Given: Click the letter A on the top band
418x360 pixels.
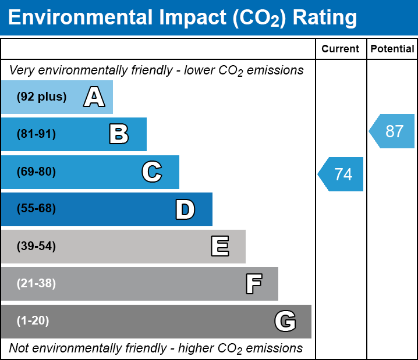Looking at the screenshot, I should tap(94, 97).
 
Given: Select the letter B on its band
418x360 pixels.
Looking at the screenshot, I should tap(119, 134).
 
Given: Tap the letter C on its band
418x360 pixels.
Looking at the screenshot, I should tap(152, 172).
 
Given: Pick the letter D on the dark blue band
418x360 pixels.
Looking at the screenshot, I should tap(185, 209).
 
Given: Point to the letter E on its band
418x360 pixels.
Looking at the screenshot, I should tap(219, 247).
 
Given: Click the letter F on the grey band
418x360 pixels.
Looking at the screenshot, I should tap(253, 284).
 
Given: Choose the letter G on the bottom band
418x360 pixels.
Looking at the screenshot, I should tap(285, 321).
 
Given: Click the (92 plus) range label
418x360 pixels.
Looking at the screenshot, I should tap(41, 97).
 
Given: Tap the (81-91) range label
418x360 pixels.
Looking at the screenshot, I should tap(36, 134).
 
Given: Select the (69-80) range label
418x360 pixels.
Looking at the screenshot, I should tap(36, 172).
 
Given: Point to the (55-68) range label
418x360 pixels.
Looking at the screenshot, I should tap(36, 209).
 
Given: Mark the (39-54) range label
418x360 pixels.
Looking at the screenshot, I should tap(36, 247).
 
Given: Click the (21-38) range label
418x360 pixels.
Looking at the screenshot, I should tap(36, 284).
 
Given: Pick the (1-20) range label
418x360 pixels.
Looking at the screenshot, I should tap(33, 321).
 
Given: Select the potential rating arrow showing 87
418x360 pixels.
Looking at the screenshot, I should tap(392, 131).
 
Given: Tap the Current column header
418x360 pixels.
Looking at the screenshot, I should tap(341, 49).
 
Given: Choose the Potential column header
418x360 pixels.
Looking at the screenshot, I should tap(392, 49).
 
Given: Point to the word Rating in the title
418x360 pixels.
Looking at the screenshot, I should tap(325, 17).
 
